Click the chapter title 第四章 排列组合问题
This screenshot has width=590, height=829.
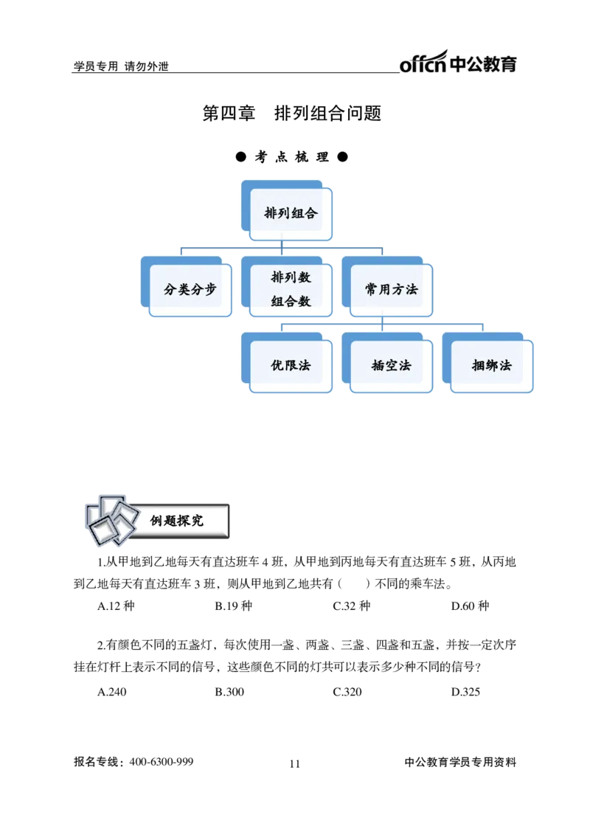coord(292,113)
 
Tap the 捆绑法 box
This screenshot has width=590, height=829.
coord(488,363)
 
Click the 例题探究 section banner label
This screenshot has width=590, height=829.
coord(176,521)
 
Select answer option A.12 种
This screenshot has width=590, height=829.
coord(117,606)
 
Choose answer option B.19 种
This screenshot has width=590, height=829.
coord(234,606)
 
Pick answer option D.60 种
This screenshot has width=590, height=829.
coord(470,606)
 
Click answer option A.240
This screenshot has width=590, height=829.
coord(112,692)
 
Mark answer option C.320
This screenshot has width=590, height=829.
coord(347,692)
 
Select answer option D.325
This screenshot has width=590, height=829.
coord(466,692)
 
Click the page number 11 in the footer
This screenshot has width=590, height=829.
coord(295,764)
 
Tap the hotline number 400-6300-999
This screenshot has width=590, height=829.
coord(162,762)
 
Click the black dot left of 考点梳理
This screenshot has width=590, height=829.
coord(241,157)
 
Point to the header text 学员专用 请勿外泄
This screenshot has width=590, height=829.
coord(121,66)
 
